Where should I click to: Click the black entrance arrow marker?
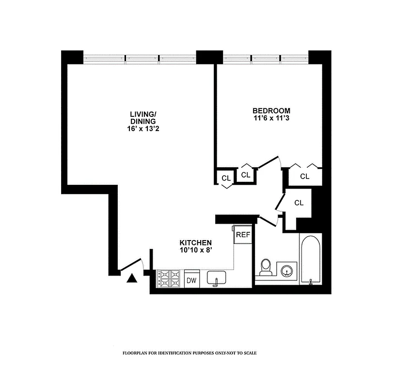tap(131, 278)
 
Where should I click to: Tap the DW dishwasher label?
tap(191, 280)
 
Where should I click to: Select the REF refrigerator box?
tap(242, 234)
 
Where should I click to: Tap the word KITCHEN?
tap(196, 242)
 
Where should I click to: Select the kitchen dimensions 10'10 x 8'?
tap(196, 250)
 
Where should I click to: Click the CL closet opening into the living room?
tap(226, 178)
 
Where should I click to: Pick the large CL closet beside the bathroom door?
tap(299, 203)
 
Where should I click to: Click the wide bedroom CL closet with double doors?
tap(304, 176)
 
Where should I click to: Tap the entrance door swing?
tap(132, 264)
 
